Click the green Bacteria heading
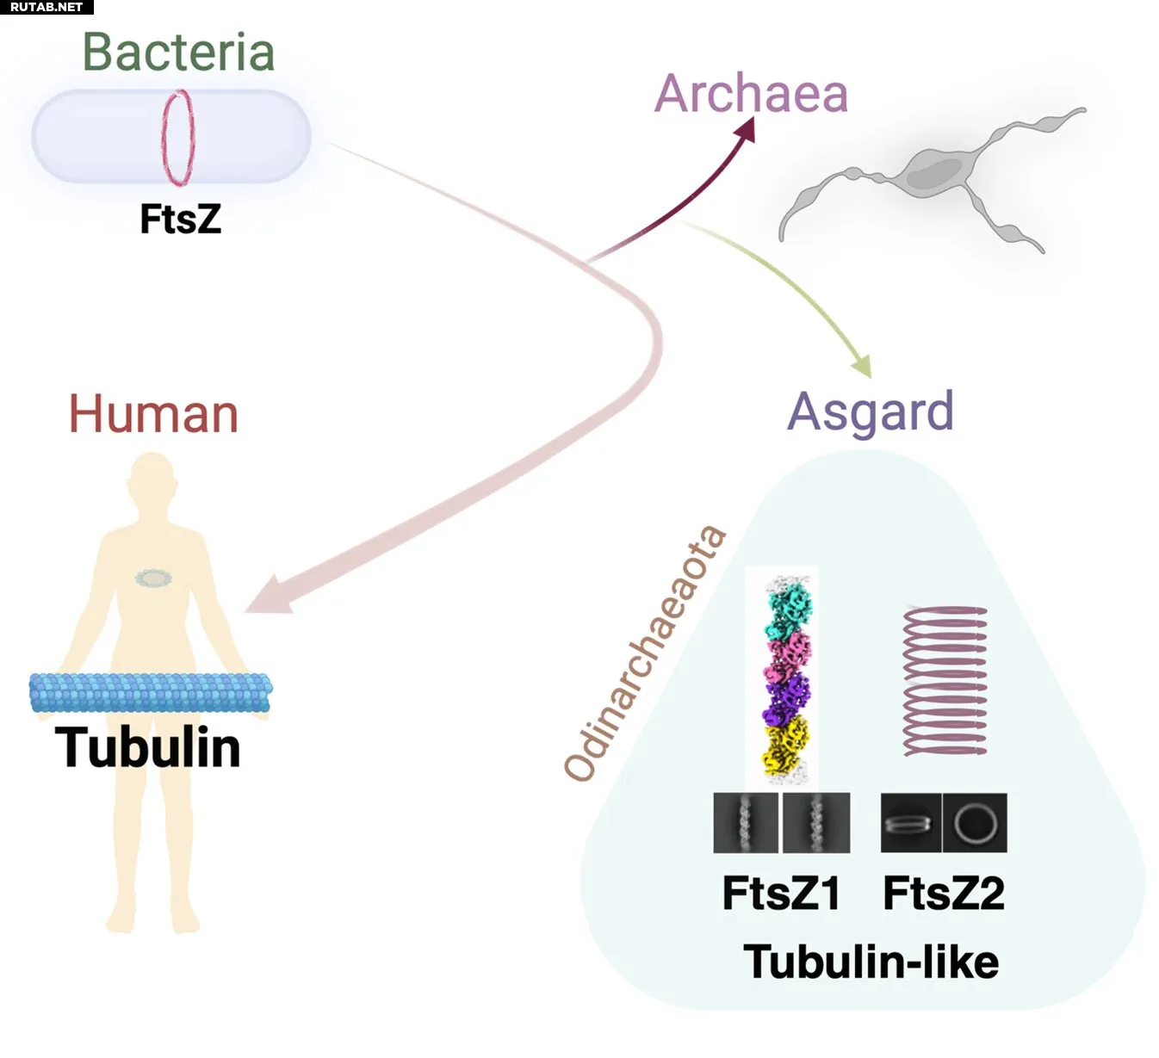[x=178, y=53]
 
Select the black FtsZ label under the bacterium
[x=180, y=219]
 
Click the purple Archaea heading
[x=751, y=94]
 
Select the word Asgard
[x=871, y=412]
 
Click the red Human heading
[x=153, y=414]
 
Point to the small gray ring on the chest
[x=153, y=578]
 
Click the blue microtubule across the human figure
[x=150, y=692]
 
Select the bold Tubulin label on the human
[x=147, y=747]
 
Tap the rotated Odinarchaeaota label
[x=644, y=653]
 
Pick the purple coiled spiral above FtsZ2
[x=945, y=681]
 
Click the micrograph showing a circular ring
[x=975, y=823]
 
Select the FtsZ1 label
[x=781, y=894]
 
